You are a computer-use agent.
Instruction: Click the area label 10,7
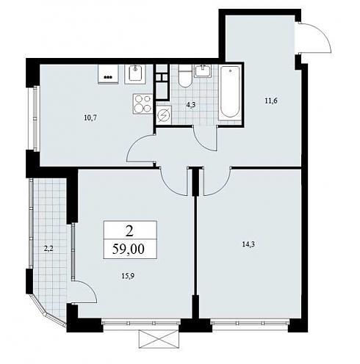click(90, 118)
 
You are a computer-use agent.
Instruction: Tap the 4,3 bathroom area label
click(191, 106)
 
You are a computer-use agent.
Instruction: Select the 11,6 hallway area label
click(271, 101)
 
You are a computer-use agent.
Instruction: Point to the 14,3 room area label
click(248, 244)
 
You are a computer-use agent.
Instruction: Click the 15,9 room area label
click(129, 276)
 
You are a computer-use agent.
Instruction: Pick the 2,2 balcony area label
click(48, 249)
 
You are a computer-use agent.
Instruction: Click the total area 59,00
click(129, 249)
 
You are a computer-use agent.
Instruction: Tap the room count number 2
click(129, 231)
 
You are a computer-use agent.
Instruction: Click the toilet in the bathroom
click(185, 76)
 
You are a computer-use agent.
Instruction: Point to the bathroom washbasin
click(203, 70)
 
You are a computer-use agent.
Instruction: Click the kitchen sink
click(135, 73)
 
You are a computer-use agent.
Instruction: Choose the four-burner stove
click(143, 103)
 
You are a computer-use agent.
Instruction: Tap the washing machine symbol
click(164, 114)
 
